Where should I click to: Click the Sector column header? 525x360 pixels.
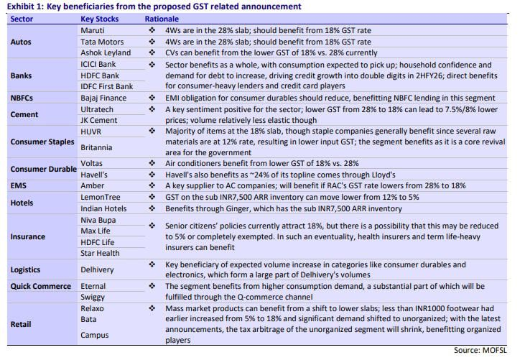click(22, 19)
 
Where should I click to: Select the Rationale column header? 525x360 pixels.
click(162, 19)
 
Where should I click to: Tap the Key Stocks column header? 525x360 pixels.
click(99, 19)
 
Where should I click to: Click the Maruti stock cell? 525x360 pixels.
click(93, 30)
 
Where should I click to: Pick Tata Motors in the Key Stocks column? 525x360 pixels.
click(102, 42)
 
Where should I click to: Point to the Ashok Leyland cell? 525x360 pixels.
click(106, 52)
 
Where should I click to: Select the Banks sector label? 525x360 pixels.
click(21, 75)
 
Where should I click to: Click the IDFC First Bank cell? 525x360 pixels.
click(107, 86)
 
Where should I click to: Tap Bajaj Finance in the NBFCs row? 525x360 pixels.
click(103, 98)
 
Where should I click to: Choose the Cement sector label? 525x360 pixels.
click(24, 114)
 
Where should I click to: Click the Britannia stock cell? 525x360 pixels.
click(96, 147)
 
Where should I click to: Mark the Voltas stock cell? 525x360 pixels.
click(91, 163)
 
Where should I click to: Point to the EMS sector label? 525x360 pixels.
click(19, 185)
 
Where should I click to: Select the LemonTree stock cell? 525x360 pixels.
click(101, 197)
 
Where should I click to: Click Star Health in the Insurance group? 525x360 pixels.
click(100, 253)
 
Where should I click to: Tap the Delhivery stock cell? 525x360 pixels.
click(97, 269)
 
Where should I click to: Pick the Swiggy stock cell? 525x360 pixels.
click(93, 297)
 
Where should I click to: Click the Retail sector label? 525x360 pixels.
click(21, 324)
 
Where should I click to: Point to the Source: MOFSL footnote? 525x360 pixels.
click(480, 350)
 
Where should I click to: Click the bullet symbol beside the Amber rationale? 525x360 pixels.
click(152, 185)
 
